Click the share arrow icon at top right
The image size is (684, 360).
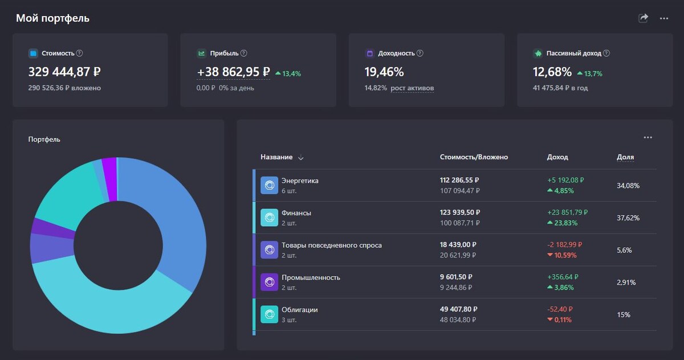644,18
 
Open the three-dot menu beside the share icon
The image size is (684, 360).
664,18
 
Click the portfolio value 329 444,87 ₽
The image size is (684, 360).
64,72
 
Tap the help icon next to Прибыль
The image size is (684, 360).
244,53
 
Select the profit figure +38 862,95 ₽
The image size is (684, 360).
234,72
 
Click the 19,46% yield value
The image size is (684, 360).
384,72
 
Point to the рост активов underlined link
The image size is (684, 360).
412,88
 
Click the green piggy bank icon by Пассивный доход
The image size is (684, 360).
538,53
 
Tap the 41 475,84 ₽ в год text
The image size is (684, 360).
560,88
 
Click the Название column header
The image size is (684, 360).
277,157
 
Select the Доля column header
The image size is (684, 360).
625,157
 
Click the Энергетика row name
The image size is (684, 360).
300,181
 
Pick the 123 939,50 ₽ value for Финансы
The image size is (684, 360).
459,212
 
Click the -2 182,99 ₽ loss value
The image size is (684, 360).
567,244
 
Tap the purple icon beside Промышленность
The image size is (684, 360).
269,282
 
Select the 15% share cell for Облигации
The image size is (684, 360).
624,314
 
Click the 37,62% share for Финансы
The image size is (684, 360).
628,218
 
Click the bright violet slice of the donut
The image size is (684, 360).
109,179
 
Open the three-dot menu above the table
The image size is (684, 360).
648,137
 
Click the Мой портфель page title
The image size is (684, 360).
52,18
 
